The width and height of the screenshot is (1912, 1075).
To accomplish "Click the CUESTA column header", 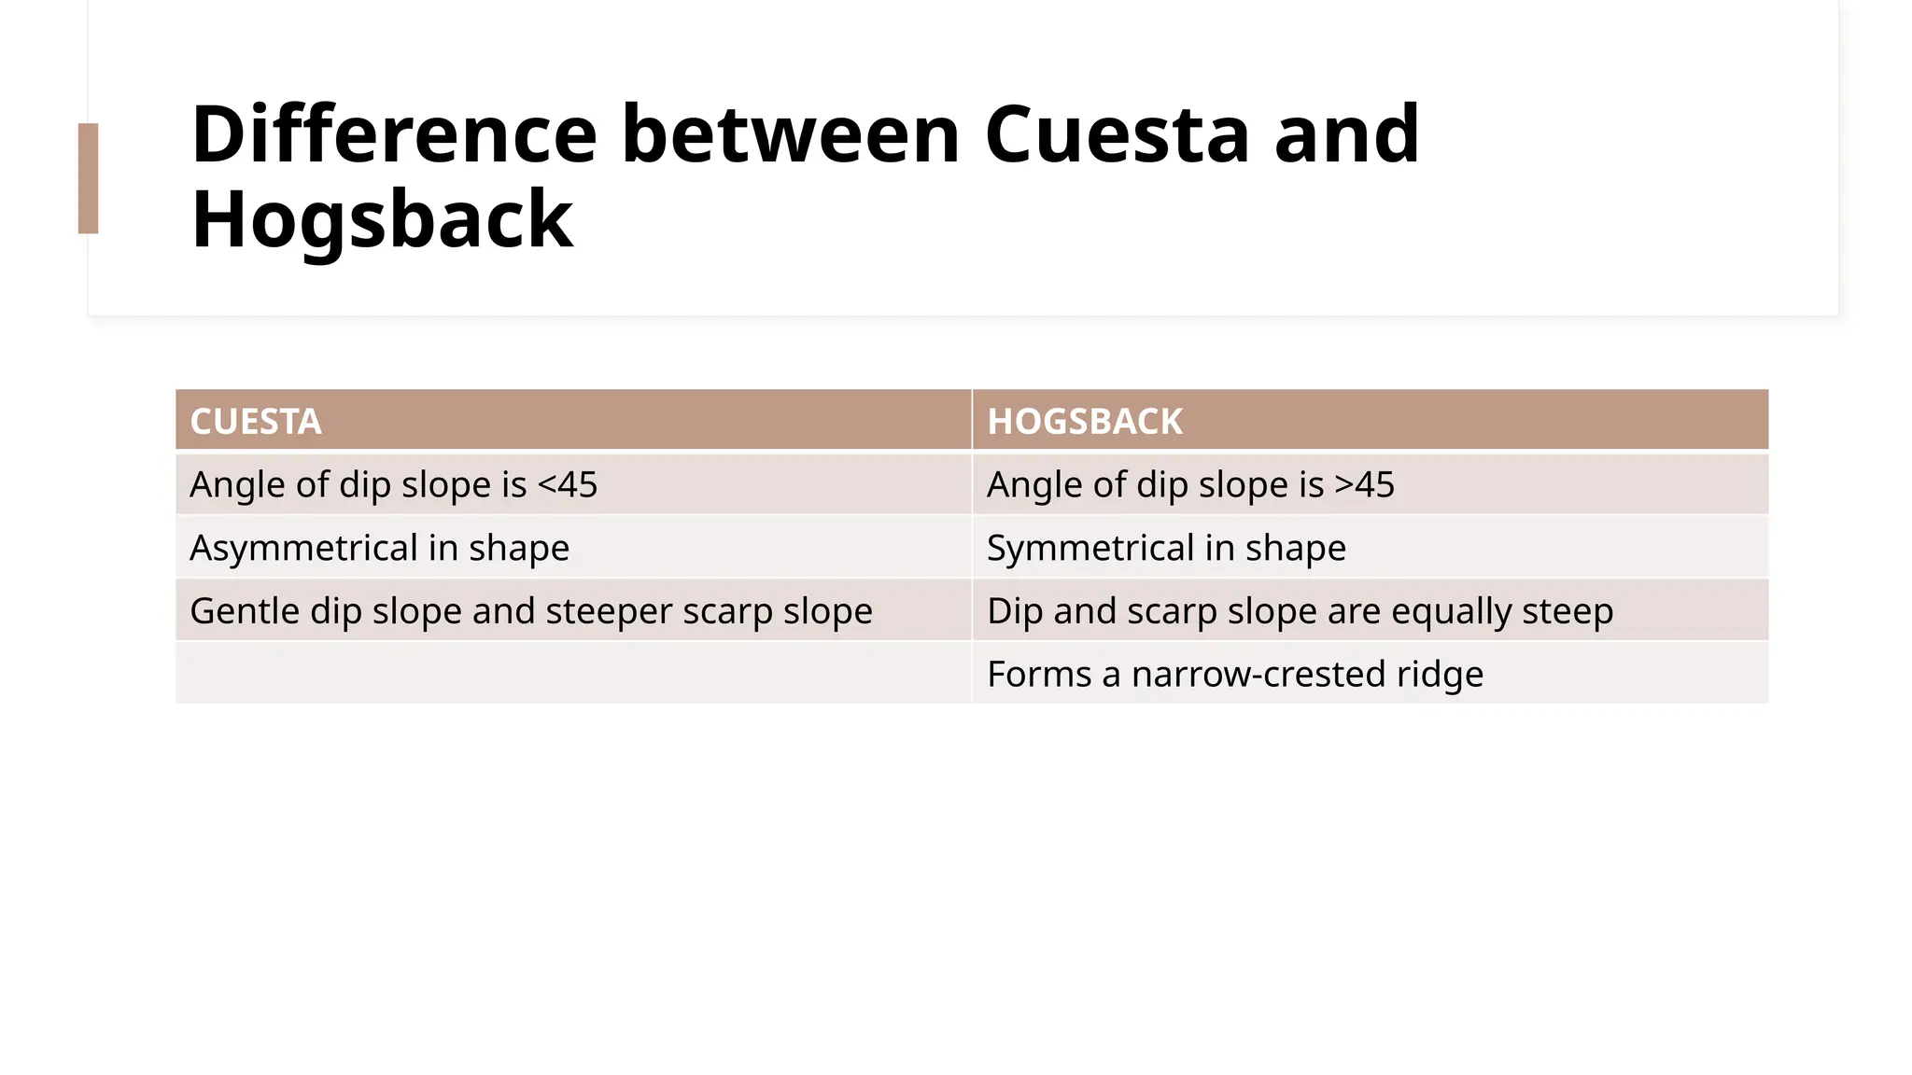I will click(256, 422).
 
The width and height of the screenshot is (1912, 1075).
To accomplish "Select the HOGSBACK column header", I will click(1085, 422).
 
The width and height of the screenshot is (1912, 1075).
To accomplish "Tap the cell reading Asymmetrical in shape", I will click(379, 548).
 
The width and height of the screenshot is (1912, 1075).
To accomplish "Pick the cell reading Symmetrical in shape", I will click(1166, 548).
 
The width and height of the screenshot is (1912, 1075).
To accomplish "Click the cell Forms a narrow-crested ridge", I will click(1234, 674).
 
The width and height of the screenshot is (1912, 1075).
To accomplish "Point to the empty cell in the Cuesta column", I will click(573, 673).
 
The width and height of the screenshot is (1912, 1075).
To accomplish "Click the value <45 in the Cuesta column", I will click(568, 485).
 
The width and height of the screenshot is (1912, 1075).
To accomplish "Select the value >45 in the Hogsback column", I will click(1364, 485).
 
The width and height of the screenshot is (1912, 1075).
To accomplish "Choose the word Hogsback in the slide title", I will click(382, 220).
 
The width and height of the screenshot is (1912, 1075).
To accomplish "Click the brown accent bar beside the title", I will click(88, 178).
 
